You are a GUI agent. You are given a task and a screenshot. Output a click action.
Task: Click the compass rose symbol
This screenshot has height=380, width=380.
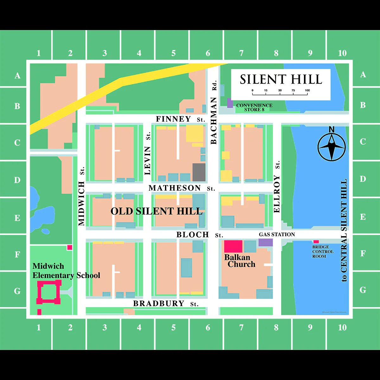click(332, 146)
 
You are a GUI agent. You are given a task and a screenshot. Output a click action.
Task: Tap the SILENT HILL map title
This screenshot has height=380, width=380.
click(281, 79)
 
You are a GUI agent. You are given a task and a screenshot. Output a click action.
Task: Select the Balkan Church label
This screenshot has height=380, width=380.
click(239, 261)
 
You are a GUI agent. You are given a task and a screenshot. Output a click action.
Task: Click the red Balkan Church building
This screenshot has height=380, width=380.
click(233, 246)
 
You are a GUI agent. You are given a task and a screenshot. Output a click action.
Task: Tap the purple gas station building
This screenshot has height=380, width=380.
click(266, 242)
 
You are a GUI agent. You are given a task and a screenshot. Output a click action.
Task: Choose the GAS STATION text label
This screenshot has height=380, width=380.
click(277, 234)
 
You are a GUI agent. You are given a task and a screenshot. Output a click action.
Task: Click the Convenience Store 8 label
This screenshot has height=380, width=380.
click(254, 107)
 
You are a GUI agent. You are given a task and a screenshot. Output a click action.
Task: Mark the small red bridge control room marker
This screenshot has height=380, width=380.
click(316, 242)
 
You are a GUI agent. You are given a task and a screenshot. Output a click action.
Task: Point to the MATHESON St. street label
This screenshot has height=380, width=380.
click(181, 188)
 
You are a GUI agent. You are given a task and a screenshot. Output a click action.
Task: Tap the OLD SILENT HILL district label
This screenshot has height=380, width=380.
click(156, 211)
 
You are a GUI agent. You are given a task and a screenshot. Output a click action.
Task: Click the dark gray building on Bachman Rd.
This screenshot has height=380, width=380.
click(199, 172)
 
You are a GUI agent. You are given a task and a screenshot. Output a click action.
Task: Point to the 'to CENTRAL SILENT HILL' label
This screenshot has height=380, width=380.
click(344, 230)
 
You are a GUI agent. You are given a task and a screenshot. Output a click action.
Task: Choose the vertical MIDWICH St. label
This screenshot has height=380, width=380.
click(82, 196)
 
